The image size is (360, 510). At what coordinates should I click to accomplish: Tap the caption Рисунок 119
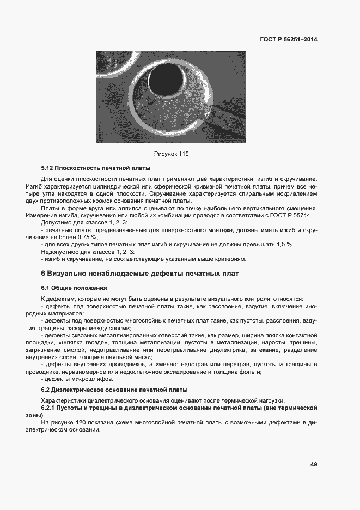[x=171, y=154]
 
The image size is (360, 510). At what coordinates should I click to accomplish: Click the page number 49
[x=314, y=464]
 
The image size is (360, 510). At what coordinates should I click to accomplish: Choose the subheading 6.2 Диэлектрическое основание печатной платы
[x=114, y=390]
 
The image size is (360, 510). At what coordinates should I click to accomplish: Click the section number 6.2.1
[x=50, y=408]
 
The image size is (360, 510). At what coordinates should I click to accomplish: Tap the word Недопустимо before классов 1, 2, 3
[x=59, y=252]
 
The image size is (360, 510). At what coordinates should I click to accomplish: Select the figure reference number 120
[x=93, y=422]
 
